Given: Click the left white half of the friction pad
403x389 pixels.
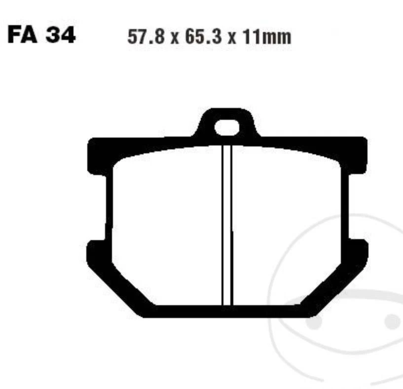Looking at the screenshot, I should coord(165,227).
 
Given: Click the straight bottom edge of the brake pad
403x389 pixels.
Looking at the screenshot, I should coord(227,311).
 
